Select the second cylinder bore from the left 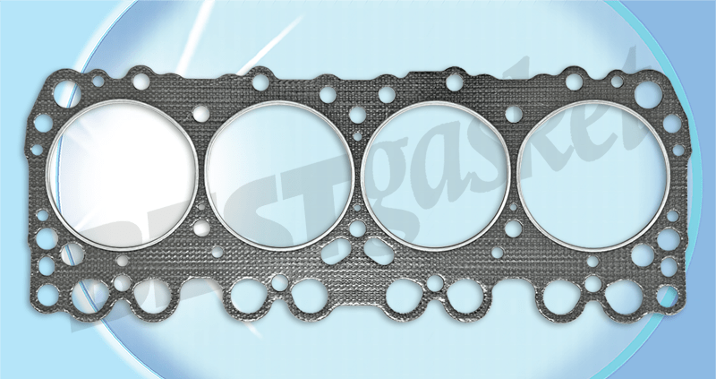280,173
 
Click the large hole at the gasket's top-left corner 64,92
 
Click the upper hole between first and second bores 203,114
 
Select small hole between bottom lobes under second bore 279,283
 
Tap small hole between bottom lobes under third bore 435,283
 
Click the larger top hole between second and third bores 359,113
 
